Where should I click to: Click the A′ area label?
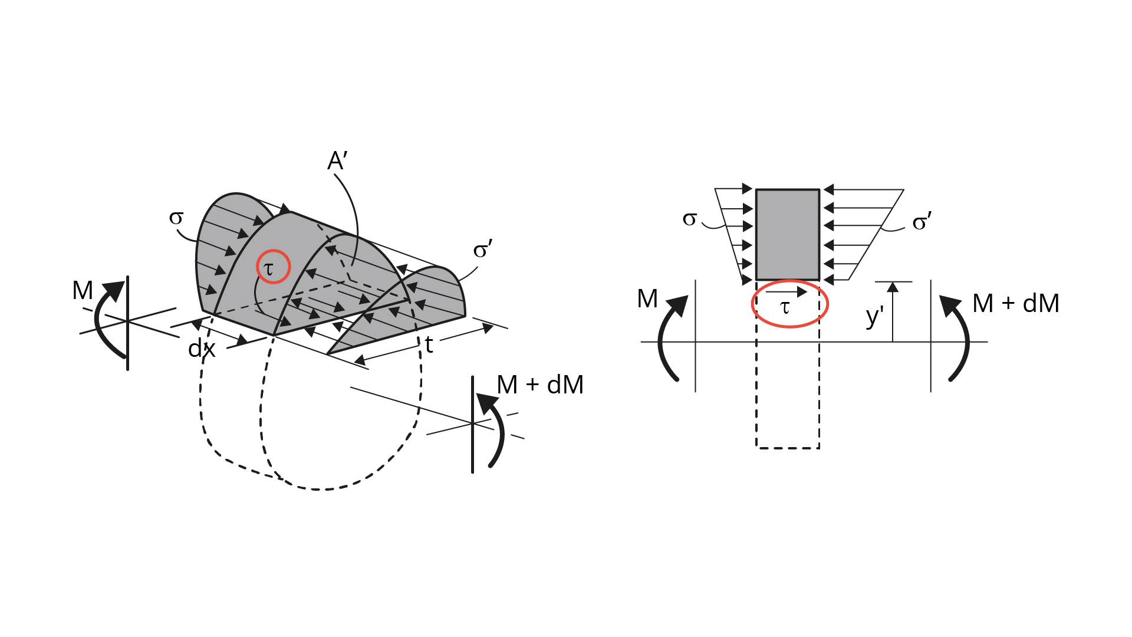338,160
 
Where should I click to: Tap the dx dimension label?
202,349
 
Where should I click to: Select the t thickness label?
429,345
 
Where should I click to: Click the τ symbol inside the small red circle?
269,269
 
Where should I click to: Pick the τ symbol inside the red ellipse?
785,307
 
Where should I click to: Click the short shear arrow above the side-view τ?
787,291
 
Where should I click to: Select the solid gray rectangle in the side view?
788,235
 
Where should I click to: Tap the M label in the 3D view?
83,290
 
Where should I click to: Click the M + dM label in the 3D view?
540,385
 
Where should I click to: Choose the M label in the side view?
647,298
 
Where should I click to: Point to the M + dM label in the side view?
1016,303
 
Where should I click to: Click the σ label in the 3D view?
176,218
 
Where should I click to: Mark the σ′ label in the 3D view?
483,249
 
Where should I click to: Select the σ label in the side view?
690,219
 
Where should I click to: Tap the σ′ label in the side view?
922,222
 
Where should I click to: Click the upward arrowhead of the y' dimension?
893,287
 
